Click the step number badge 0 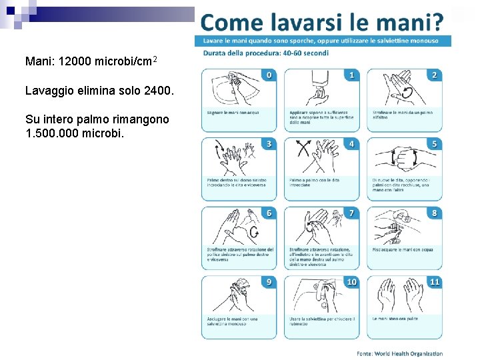click(x=269, y=75)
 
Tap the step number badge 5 click(x=435, y=143)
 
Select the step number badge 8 click(x=435, y=213)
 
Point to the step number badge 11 click(x=435, y=282)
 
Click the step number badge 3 click(x=269, y=143)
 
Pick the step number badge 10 click(x=351, y=282)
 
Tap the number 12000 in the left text click(x=75, y=62)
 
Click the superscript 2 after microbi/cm click(x=155, y=60)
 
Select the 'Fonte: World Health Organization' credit click(x=400, y=353)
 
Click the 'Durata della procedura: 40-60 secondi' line click(x=266, y=53)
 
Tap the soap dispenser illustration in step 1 click(x=317, y=87)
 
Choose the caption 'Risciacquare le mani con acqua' click(x=403, y=249)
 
